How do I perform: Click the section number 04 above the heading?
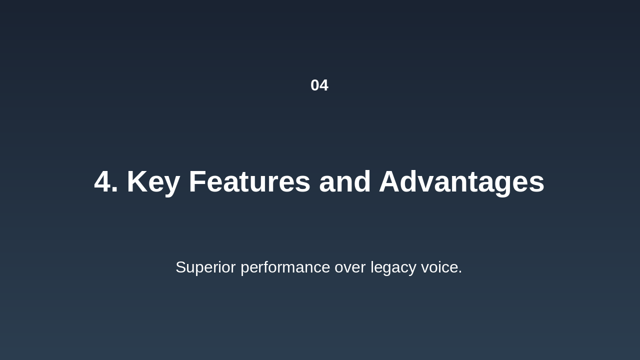(x=319, y=85)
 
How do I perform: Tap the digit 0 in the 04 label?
(x=315, y=85)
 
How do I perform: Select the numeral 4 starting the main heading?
(x=102, y=182)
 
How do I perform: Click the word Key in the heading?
(x=153, y=182)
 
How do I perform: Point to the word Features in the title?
(x=249, y=182)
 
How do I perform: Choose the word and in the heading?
(x=344, y=182)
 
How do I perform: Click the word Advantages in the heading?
(x=461, y=182)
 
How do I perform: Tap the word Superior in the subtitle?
(x=205, y=267)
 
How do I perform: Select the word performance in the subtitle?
(x=285, y=267)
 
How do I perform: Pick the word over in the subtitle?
(x=350, y=267)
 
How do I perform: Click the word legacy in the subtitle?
(x=393, y=267)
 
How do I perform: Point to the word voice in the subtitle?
(x=439, y=267)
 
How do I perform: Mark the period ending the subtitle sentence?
(x=460, y=273)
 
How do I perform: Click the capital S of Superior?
(x=181, y=267)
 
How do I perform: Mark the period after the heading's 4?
(x=115, y=192)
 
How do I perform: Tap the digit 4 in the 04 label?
(x=324, y=85)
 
